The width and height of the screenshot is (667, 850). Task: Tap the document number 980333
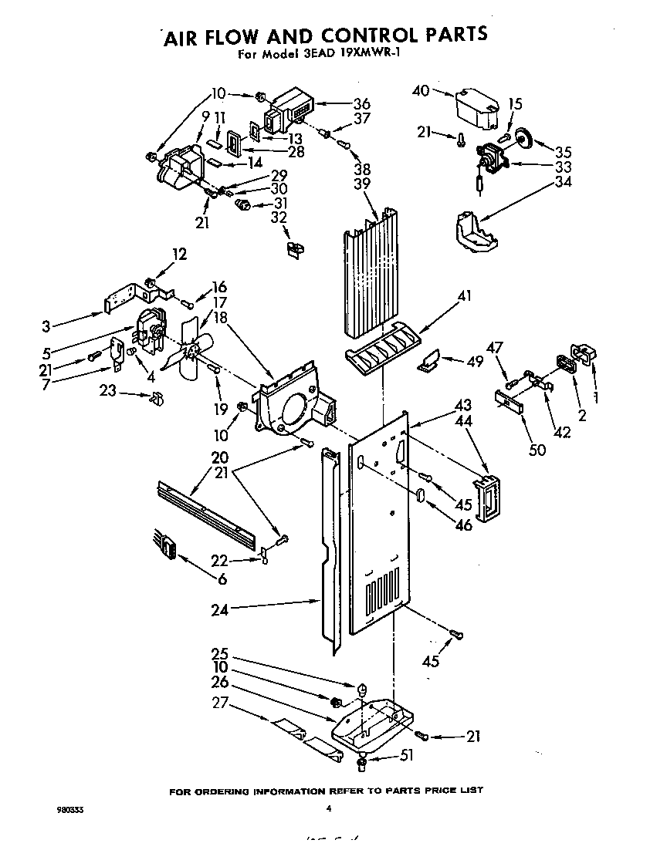(70, 810)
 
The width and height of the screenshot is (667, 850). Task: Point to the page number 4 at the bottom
(329, 809)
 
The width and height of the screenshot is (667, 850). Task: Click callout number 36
(361, 105)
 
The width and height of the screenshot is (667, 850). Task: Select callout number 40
(421, 90)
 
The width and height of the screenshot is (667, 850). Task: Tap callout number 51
(406, 756)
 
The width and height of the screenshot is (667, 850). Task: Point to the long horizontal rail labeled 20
(207, 514)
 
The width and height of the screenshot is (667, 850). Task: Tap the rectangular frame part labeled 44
(487, 499)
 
